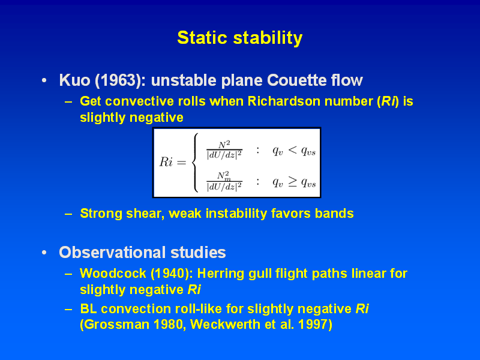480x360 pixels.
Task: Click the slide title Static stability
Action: pos(239,38)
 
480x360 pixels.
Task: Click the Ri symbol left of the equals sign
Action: pos(166,162)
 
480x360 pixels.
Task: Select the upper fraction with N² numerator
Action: pos(224,150)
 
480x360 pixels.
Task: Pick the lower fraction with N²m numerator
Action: pos(224,181)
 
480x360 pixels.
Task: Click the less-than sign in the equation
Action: pos(293,150)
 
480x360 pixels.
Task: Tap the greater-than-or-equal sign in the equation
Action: pos(293,181)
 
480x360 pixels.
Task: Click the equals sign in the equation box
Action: pos(182,163)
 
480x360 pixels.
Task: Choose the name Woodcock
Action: pos(113,274)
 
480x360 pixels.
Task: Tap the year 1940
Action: pos(170,274)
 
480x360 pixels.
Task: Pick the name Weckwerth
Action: pos(225,324)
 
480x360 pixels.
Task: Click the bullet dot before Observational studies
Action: pos(44,253)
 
